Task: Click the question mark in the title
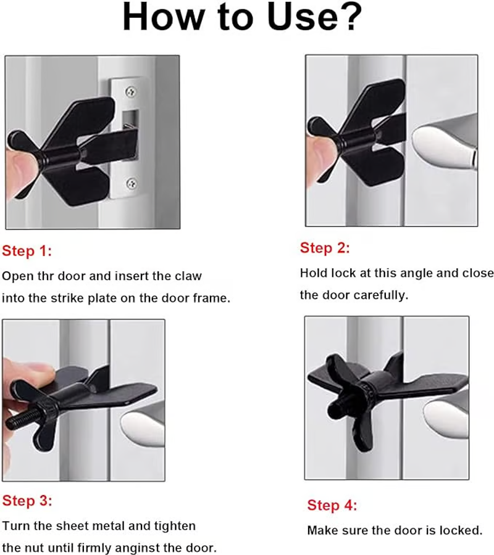349,17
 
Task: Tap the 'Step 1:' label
27,251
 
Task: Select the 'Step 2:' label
325,248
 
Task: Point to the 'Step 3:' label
27,501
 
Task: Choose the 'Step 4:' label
332,505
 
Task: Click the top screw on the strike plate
131,92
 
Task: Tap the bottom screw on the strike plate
132,183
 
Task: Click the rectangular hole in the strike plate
130,120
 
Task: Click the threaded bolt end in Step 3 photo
21,420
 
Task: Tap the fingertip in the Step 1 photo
20,166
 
